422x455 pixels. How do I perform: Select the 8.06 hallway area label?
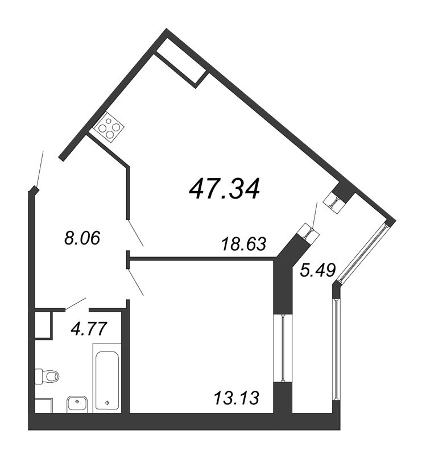[x=82, y=238]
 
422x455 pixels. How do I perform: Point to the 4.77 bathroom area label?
[x=88, y=328]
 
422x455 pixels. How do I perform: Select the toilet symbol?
[x=47, y=376]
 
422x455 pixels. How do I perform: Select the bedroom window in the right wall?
[x=282, y=348]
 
